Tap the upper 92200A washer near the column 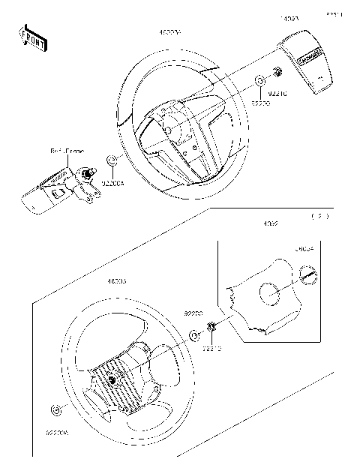pyautogui.click(x=112, y=160)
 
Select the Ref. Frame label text pyautogui.click(x=67, y=151)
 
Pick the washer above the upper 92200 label pyautogui.click(x=259, y=80)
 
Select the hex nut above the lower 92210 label pyautogui.click(x=211, y=326)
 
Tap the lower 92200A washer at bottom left pyautogui.click(x=56, y=409)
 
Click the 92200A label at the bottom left pyautogui.click(x=57, y=433)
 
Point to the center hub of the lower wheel pyautogui.click(x=113, y=379)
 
